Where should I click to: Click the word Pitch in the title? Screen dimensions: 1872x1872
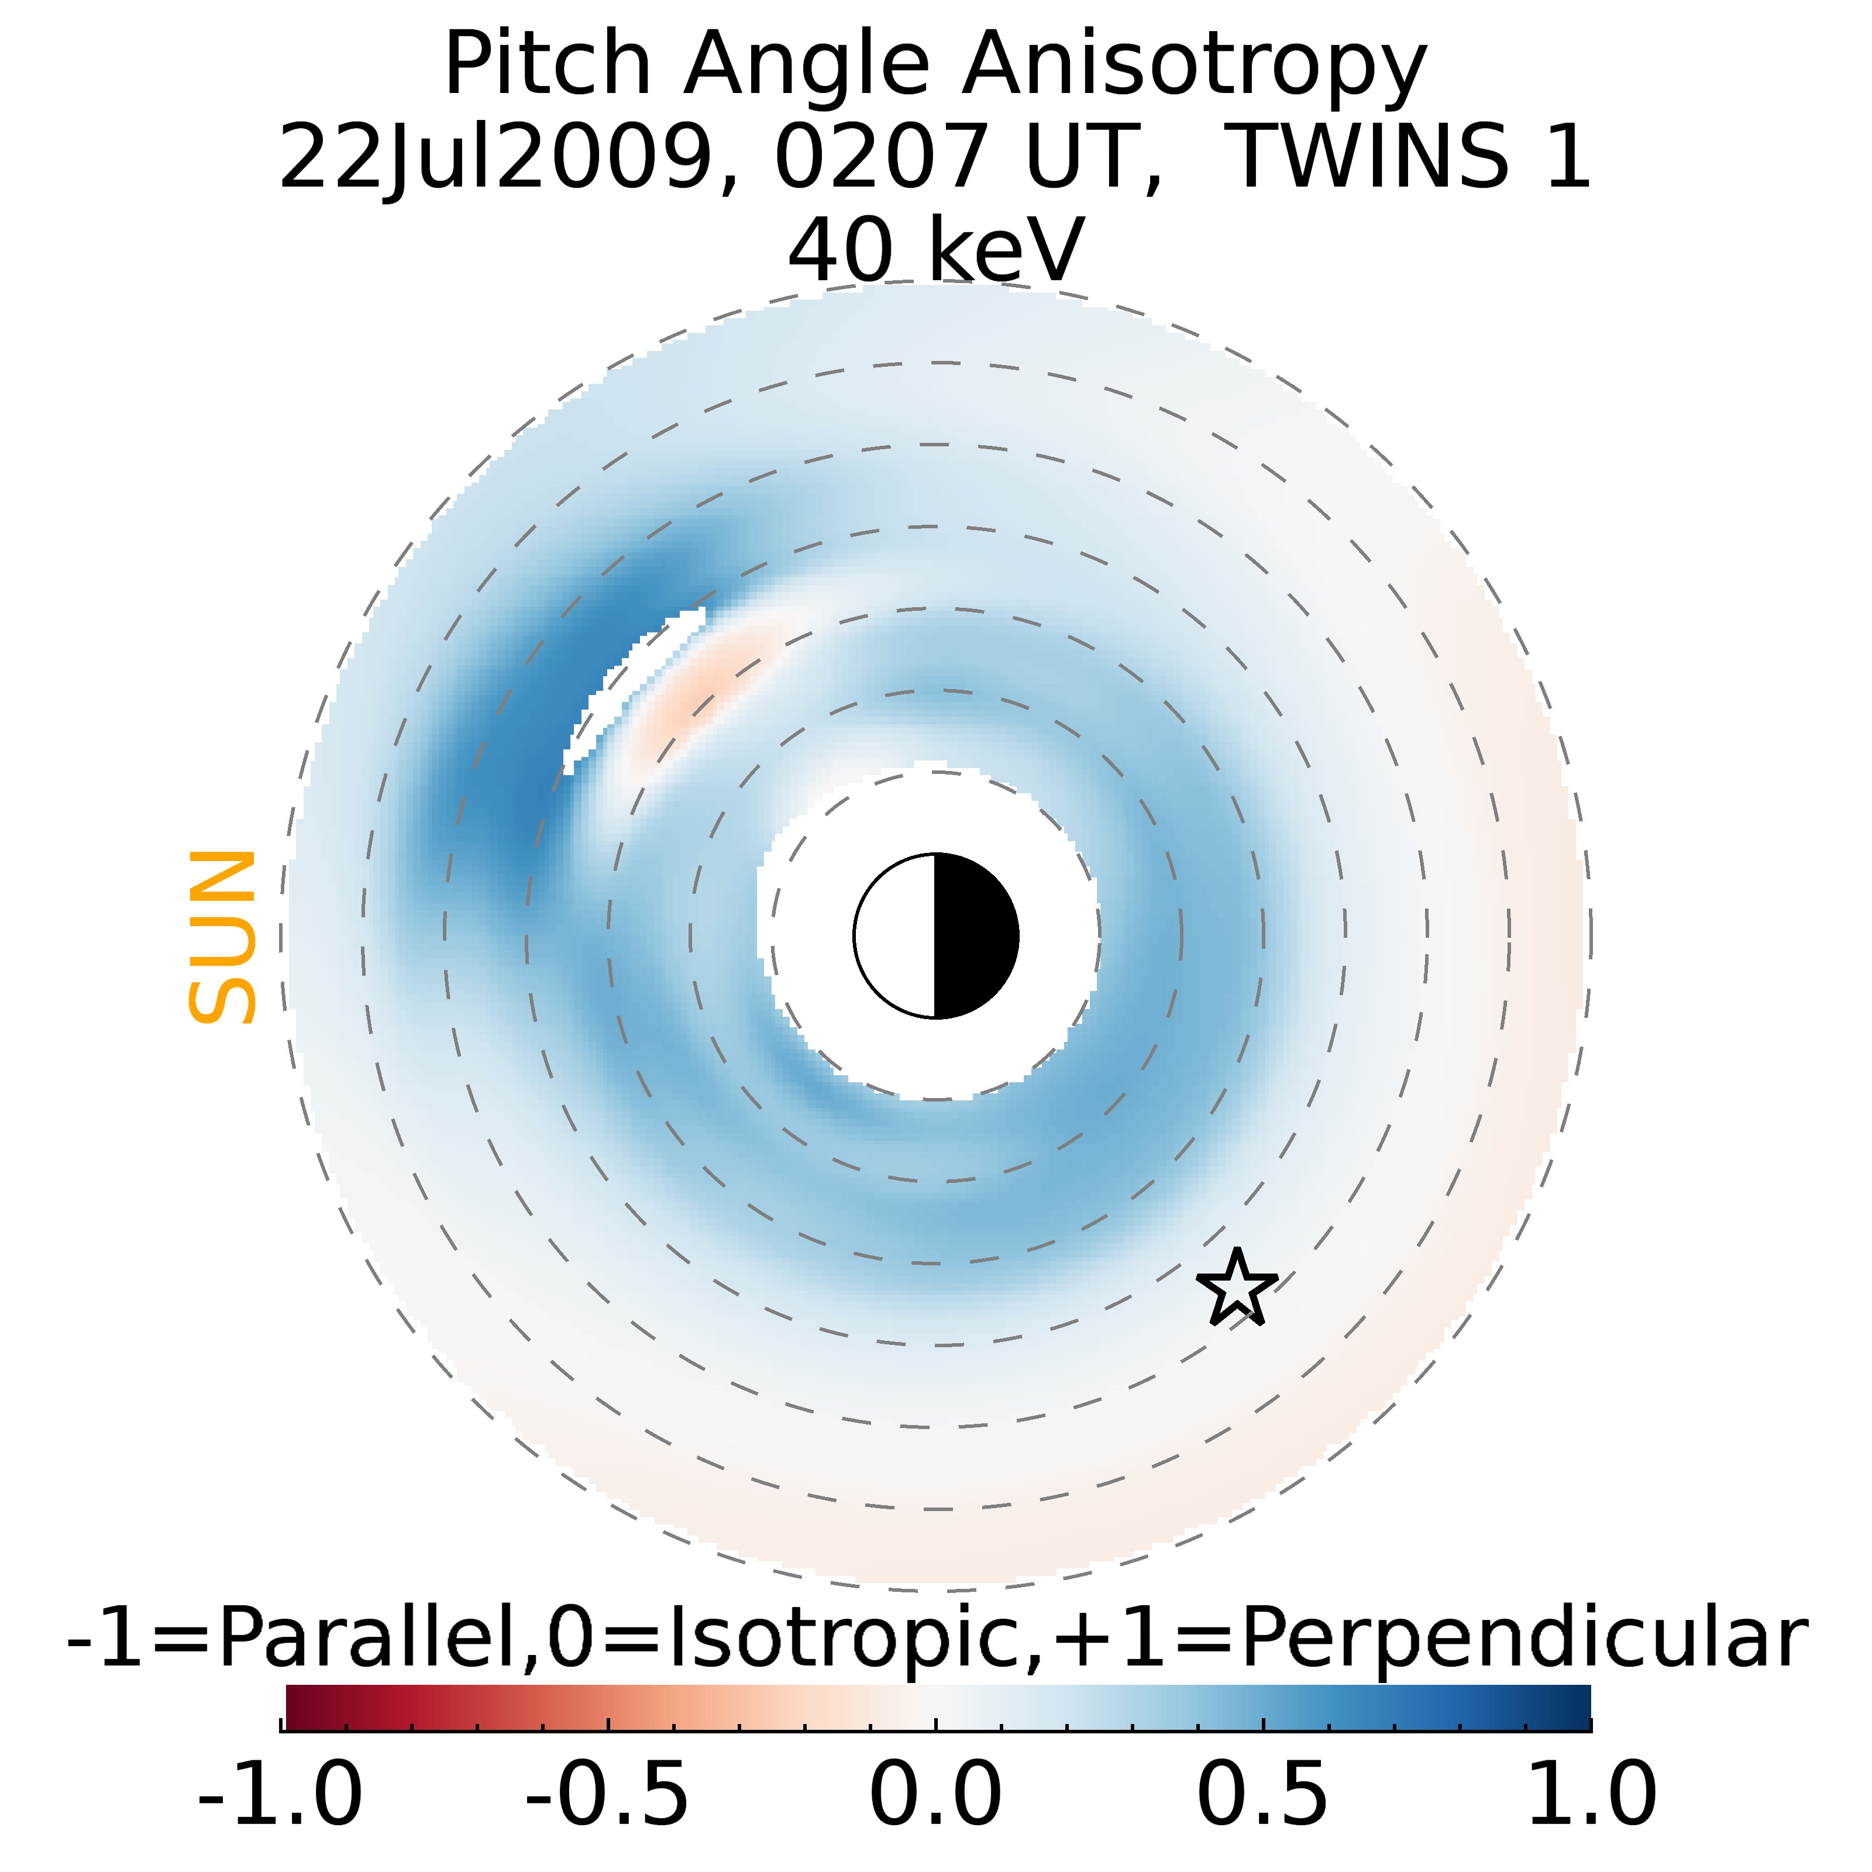click(x=548, y=66)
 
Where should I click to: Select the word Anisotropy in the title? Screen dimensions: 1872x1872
click(x=1194, y=66)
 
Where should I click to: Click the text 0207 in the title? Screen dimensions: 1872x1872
click(x=880, y=157)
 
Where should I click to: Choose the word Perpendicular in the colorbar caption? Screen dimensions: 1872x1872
click(x=1524, y=1639)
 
